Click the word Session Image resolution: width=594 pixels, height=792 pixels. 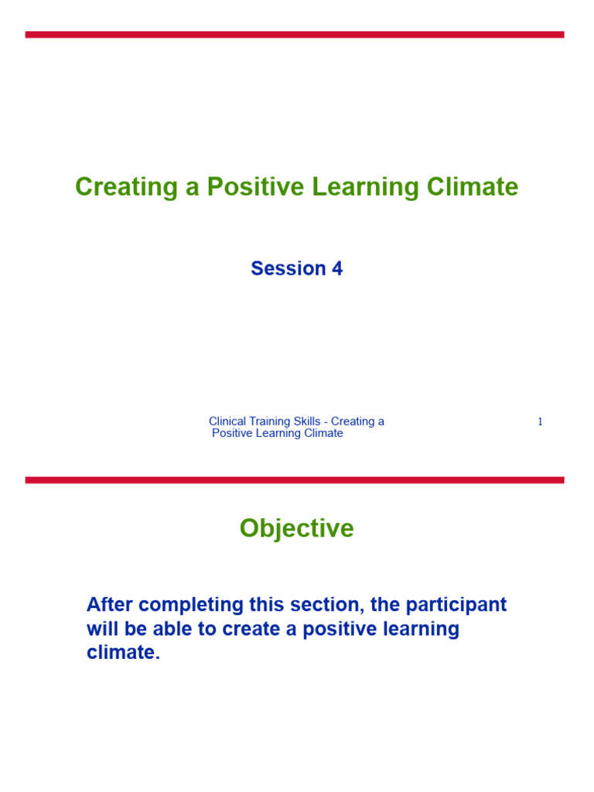click(x=288, y=268)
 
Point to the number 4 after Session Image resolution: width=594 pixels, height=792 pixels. click(x=337, y=268)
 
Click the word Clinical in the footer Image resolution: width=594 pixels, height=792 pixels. click(x=227, y=422)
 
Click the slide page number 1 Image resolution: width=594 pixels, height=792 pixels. click(x=540, y=422)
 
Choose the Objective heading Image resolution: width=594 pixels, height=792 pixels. click(x=296, y=528)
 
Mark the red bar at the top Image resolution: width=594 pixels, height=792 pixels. click(x=295, y=35)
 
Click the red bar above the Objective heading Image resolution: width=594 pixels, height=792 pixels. click(x=295, y=480)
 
